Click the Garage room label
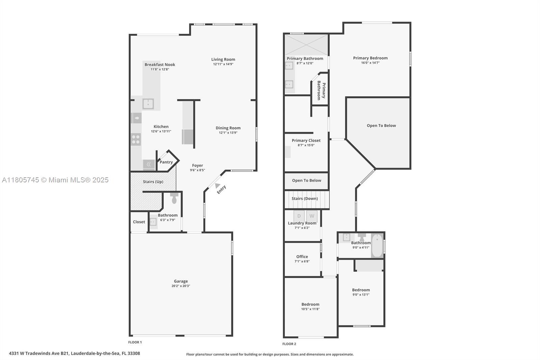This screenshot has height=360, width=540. (x=181, y=281)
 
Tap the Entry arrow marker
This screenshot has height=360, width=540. (x=217, y=185)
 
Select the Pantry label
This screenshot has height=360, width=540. (x=166, y=162)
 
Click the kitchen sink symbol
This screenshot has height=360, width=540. (x=148, y=104)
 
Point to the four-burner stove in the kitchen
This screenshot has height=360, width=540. (x=136, y=139)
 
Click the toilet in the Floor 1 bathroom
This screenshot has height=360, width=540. (x=174, y=198)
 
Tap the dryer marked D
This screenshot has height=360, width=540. (x=299, y=216)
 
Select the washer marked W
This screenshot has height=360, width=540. (x=312, y=216)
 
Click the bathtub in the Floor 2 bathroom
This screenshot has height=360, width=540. (x=377, y=246)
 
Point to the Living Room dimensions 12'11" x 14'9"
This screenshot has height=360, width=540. (x=223, y=64)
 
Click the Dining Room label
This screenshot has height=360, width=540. (x=228, y=128)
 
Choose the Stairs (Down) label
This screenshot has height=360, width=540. (x=305, y=199)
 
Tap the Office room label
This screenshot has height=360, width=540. (x=302, y=256)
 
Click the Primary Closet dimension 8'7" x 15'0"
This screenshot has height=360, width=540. (x=306, y=145)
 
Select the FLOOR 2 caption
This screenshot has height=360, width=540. (x=289, y=344)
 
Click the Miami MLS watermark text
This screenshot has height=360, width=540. (x=55, y=180)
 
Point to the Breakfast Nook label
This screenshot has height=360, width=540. (x=160, y=65)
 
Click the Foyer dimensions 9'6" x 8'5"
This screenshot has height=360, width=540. (x=197, y=170)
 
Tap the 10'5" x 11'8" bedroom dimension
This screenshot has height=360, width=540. (x=310, y=309)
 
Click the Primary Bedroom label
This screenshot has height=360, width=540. (x=370, y=58)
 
